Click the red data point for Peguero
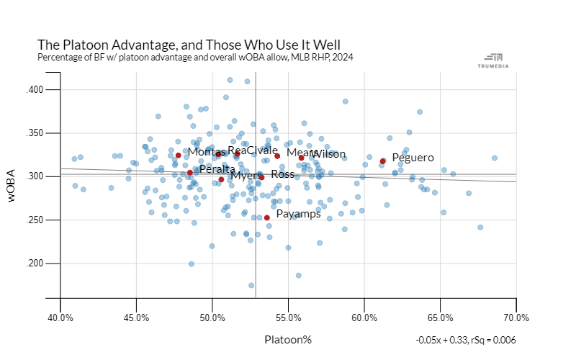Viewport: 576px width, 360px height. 383,161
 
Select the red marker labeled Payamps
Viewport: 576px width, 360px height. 267,217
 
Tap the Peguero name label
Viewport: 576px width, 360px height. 413,157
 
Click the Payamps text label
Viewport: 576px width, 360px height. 299,214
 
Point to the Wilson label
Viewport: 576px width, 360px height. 328,154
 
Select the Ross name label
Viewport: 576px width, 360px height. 282,174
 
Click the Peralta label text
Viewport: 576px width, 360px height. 217,169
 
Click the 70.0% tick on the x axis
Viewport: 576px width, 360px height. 516,318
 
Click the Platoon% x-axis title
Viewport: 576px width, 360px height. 288,339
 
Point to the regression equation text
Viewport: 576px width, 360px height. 465,340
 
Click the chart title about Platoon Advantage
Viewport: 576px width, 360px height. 188,45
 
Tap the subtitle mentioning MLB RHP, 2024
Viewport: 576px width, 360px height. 195,57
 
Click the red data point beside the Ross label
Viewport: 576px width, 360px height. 261,177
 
